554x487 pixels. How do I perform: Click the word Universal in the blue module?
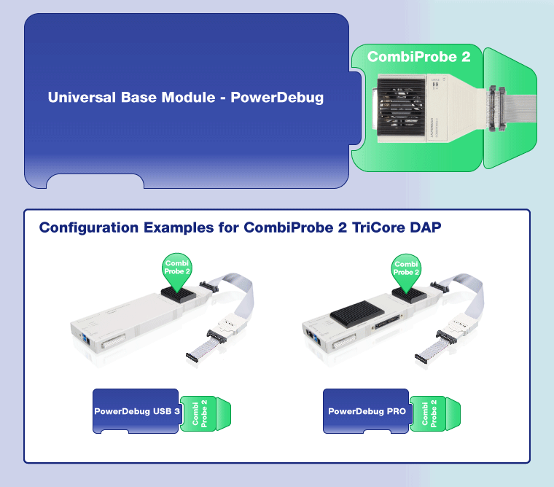(82, 97)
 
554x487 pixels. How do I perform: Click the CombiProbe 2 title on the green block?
(418, 57)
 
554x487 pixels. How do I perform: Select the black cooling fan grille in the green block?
(402, 106)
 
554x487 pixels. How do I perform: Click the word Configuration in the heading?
(89, 227)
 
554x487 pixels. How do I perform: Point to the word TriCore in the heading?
(378, 227)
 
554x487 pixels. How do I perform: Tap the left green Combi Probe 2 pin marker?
(177, 271)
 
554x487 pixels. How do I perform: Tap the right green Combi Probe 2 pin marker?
(406, 272)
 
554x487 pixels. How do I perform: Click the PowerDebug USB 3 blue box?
(136, 411)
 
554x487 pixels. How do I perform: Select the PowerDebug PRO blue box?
(366, 411)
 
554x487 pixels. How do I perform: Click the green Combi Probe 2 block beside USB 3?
(206, 413)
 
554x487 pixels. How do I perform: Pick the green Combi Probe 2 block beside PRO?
(435, 413)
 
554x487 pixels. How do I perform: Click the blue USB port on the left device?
(86, 340)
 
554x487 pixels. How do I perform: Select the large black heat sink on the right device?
(357, 313)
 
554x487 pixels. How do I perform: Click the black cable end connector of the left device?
(192, 357)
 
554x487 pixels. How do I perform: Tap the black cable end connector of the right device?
(421, 359)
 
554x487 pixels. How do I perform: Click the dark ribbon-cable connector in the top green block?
(496, 109)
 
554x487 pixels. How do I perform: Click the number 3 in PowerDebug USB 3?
(177, 411)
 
